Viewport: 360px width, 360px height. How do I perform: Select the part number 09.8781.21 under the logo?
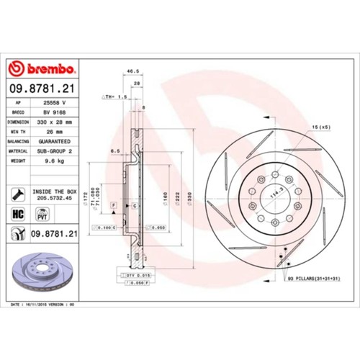click(x=42, y=89)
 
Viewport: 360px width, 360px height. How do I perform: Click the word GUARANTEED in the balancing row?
click(x=53, y=143)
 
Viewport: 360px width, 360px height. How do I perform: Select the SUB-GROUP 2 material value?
click(x=53, y=152)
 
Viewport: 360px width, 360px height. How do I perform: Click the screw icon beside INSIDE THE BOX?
click(x=15, y=194)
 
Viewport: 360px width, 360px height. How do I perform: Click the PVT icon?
click(x=42, y=215)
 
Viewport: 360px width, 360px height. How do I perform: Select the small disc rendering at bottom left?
click(x=39, y=273)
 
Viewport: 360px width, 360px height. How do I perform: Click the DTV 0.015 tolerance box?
click(x=131, y=276)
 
